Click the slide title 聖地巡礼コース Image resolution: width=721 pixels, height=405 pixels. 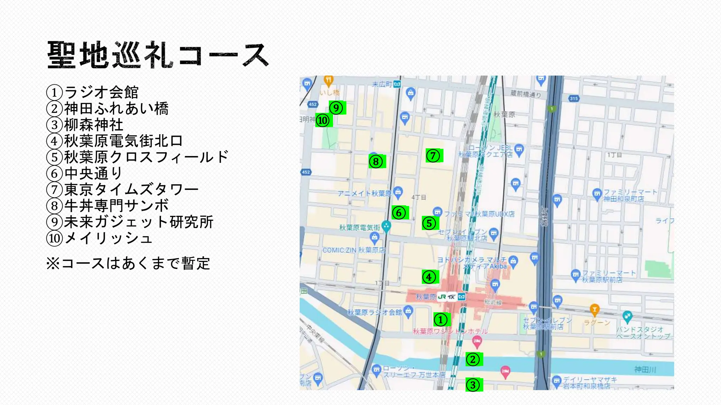point(158,55)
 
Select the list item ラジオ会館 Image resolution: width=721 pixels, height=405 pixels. point(93,92)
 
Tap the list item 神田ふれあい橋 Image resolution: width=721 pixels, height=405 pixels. point(108,109)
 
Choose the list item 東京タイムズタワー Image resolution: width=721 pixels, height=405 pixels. point(123,189)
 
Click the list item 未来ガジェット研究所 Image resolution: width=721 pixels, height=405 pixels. point(130,222)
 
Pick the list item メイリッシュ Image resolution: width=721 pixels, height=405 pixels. point(100,238)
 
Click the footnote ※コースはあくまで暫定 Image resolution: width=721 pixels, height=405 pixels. point(128,263)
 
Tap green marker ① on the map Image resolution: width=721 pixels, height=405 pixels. point(441,320)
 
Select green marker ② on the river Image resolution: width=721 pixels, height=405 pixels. point(473,360)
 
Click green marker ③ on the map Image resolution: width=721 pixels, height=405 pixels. point(473,385)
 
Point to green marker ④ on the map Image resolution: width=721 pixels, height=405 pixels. point(429,277)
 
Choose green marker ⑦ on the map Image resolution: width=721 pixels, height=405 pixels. point(433,155)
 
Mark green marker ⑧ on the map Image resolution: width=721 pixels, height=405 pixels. point(376,162)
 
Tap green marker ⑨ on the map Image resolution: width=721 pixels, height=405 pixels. point(337,108)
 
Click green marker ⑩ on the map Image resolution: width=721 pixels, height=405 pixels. point(323,120)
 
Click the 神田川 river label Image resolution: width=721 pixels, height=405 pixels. point(645,369)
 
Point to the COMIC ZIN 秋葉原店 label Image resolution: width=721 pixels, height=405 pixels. point(354,250)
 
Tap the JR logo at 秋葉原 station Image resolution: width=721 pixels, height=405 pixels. point(442,297)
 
